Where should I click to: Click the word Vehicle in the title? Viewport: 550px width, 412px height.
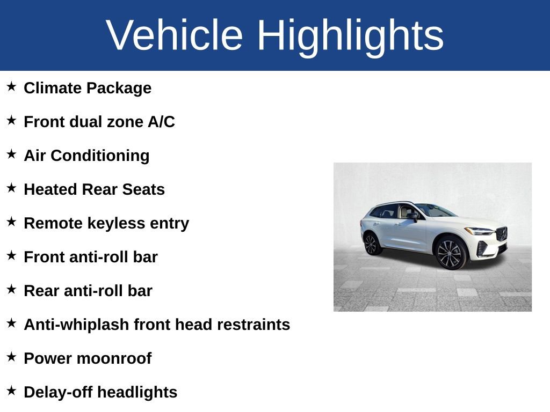click(x=175, y=35)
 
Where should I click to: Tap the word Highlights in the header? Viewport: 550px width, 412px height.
click(x=350, y=35)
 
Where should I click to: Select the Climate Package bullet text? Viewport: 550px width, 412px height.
click(x=88, y=88)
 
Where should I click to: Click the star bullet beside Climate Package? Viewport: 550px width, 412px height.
click(x=11, y=86)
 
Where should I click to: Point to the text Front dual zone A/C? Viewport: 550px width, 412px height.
click(x=99, y=122)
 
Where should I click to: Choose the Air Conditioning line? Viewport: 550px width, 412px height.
click(x=86, y=156)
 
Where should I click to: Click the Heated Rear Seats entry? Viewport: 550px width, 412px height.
click(x=94, y=189)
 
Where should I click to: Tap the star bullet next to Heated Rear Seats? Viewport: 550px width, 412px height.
click(x=11, y=188)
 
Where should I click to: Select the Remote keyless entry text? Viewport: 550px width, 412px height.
click(x=106, y=223)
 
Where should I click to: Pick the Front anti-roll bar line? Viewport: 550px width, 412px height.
click(x=91, y=257)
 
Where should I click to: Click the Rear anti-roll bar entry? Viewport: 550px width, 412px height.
click(x=88, y=291)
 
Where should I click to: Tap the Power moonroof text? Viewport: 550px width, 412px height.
click(x=88, y=358)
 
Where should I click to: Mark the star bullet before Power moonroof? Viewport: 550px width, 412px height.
click(x=11, y=357)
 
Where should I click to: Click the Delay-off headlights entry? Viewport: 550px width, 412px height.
click(x=100, y=392)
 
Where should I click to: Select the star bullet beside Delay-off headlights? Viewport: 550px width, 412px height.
click(x=11, y=391)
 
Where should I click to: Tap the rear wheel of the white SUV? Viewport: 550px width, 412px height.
click(x=372, y=244)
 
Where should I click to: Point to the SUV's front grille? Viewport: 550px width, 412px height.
click(x=502, y=234)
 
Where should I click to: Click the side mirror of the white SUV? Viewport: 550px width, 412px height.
click(x=413, y=216)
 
